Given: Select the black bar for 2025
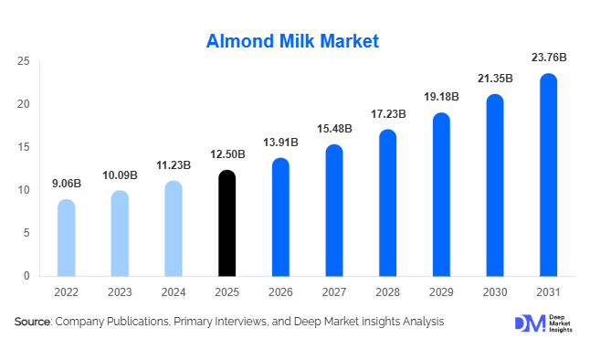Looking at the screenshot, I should tap(227, 224).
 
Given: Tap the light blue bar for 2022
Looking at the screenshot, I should tap(66, 238).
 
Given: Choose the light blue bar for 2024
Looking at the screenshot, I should tap(174, 228).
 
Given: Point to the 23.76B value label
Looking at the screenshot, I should tap(548, 58).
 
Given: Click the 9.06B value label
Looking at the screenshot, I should tap(66, 184).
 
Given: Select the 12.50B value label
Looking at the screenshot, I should tap(227, 155).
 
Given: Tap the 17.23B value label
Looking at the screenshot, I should tap(387, 114).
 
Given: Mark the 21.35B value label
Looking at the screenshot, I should tap(495, 79).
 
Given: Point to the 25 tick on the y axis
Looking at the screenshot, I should tap(24, 62).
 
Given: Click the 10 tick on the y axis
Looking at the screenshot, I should tap(24, 190).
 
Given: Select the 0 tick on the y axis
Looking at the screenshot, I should tap(26, 276).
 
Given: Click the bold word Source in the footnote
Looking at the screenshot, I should tap(32, 322).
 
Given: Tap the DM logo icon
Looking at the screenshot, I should tap(528, 323).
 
